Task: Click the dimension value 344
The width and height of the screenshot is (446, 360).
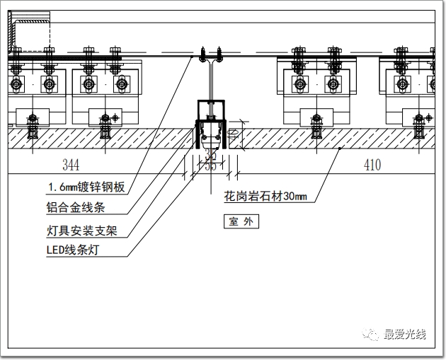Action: [x=71, y=166]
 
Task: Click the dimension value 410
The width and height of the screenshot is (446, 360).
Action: [x=372, y=166]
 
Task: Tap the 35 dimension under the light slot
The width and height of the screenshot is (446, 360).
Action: [x=210, y=166]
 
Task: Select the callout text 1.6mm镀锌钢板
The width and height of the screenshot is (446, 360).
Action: [x=86, y=187]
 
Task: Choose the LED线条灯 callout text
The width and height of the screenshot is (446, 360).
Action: [x=78, y=250]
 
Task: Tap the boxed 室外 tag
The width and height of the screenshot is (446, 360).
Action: [x=240, y=221]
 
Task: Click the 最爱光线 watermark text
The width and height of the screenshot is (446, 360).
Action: [x=404, y=335]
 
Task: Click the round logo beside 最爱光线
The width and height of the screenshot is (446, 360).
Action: [x=372, y=335]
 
